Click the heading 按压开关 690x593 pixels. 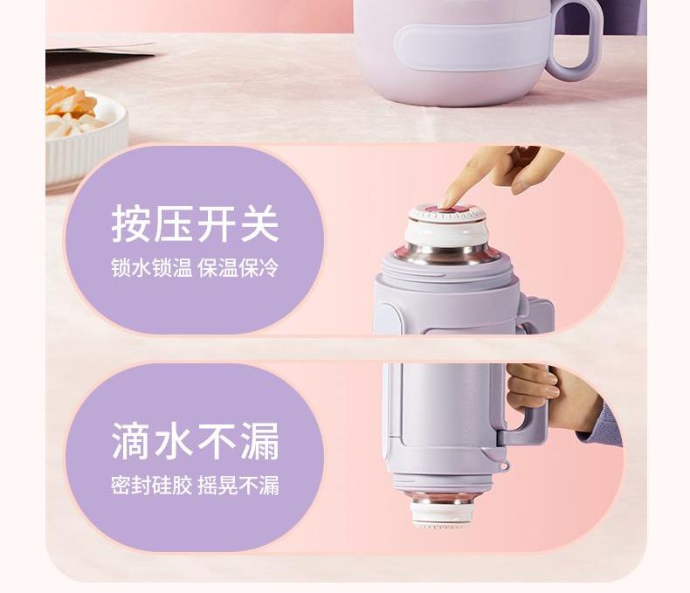[x=195, y=224]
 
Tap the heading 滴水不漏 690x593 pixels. [x=195, y=440]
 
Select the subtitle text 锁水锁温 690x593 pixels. [x=151, y=268]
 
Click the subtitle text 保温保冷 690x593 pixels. [x=238, y=268]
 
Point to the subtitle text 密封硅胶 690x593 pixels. [x=151, y=486]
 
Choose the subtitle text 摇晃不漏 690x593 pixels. [x=238, y=486]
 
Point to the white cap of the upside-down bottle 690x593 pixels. [x=441, y=515]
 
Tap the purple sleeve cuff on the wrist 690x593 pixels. [x=602, y=423]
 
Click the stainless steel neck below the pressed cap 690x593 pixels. [x=446, y=254]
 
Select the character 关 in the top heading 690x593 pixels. [x=259, y=224]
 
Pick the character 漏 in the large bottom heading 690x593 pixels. [x=259, y=441]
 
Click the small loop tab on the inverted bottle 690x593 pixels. [x=505, y=465]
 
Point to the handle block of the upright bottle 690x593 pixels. [x=537, y=314]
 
